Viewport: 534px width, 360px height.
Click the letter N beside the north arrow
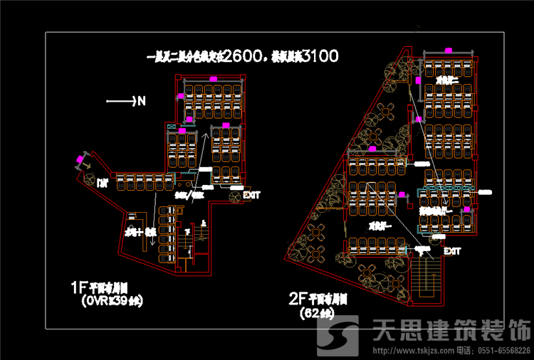141,101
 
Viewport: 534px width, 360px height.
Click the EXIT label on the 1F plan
251,194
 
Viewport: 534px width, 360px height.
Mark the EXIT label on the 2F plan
452,251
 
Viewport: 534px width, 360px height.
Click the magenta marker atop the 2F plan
449,51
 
